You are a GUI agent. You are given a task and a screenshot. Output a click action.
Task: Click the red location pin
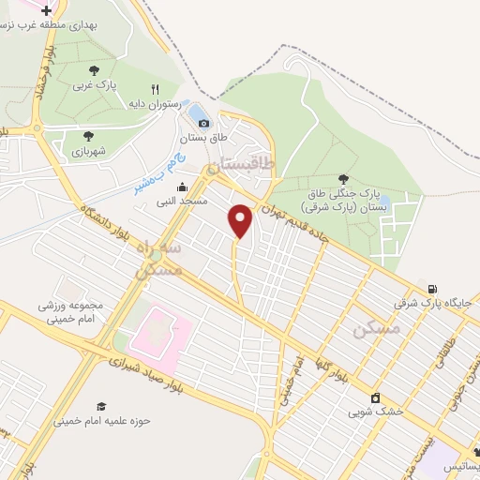pos(241,220)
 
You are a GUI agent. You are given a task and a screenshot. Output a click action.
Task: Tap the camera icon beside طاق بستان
pos(204,123)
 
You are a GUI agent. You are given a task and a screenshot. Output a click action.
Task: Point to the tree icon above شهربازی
pos(88,136)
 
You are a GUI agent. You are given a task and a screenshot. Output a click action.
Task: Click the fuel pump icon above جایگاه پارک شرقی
pos(431,289)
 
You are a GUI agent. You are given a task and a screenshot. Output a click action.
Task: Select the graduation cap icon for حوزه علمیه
pos(100,406)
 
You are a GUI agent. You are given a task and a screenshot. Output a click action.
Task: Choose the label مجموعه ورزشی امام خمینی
pos(70,312)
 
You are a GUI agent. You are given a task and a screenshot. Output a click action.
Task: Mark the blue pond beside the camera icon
pos(197,114)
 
